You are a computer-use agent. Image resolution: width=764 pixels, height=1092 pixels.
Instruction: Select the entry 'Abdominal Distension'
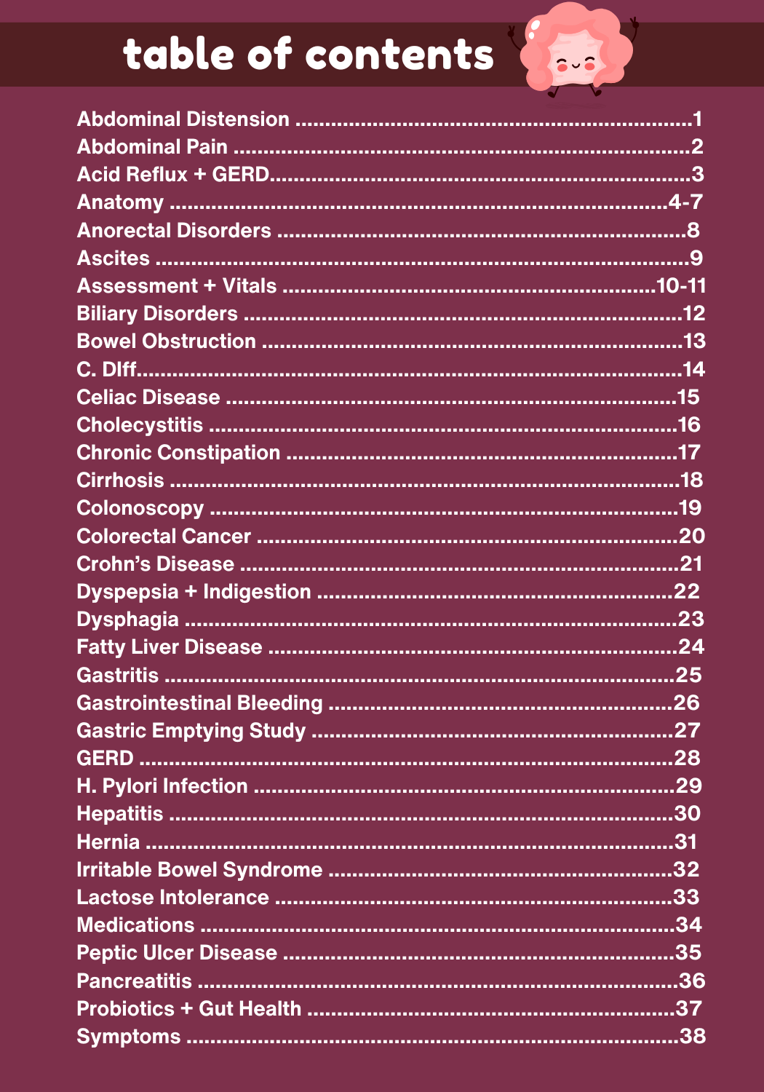tap(183, 119)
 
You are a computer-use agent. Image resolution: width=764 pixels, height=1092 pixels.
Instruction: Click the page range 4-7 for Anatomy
tap(685, 202)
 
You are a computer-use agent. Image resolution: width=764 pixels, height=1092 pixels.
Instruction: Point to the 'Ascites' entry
tap(114, 258)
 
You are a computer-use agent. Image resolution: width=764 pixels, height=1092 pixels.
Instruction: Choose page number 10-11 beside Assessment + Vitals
tap(681, 286)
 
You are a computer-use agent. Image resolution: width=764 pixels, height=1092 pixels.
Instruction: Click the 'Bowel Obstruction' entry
tap(167, 341)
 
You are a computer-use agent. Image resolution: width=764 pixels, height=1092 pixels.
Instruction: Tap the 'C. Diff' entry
tap(107, 370)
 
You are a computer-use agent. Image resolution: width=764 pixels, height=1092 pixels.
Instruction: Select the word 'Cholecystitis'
tap(140, 425)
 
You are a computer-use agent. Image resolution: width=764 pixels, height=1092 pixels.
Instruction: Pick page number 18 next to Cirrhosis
tap(691, 480)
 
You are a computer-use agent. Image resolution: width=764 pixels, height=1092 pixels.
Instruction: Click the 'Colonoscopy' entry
tap(140, 508)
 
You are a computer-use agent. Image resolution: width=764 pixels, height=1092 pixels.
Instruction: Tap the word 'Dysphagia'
tap(128, 620)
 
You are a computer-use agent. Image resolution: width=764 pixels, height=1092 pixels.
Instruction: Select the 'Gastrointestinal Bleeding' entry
tap(199, 703)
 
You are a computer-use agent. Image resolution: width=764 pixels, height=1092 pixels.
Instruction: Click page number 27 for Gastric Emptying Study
tap(687, 731)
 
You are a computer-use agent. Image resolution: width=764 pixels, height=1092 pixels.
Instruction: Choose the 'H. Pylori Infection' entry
tap(162, 786)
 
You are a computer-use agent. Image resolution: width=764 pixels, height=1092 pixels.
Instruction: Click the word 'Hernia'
tap(108, 842)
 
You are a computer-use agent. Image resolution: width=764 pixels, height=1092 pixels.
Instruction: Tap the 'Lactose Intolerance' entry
tap(173, 898)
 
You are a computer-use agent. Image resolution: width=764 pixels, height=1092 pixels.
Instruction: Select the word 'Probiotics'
tap(126, 1009)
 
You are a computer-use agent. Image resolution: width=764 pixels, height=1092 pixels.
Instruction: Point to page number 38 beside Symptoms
tap(692, 1037)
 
